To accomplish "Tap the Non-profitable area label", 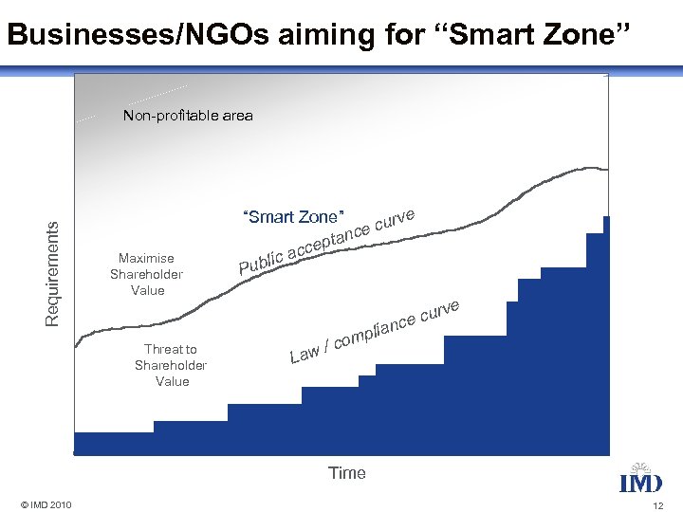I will (188, 116).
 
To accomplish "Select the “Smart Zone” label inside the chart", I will (293, 217).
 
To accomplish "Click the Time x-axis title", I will (346, 473).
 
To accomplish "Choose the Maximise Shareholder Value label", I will (147, 274).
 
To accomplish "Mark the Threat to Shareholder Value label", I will (171, 365).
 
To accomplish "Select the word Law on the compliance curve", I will (305, 355).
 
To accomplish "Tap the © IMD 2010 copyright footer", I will (46, 503).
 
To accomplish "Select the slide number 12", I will (657, 505).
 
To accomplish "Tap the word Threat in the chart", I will (171, 349).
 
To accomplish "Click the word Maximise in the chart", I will (146, 258).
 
